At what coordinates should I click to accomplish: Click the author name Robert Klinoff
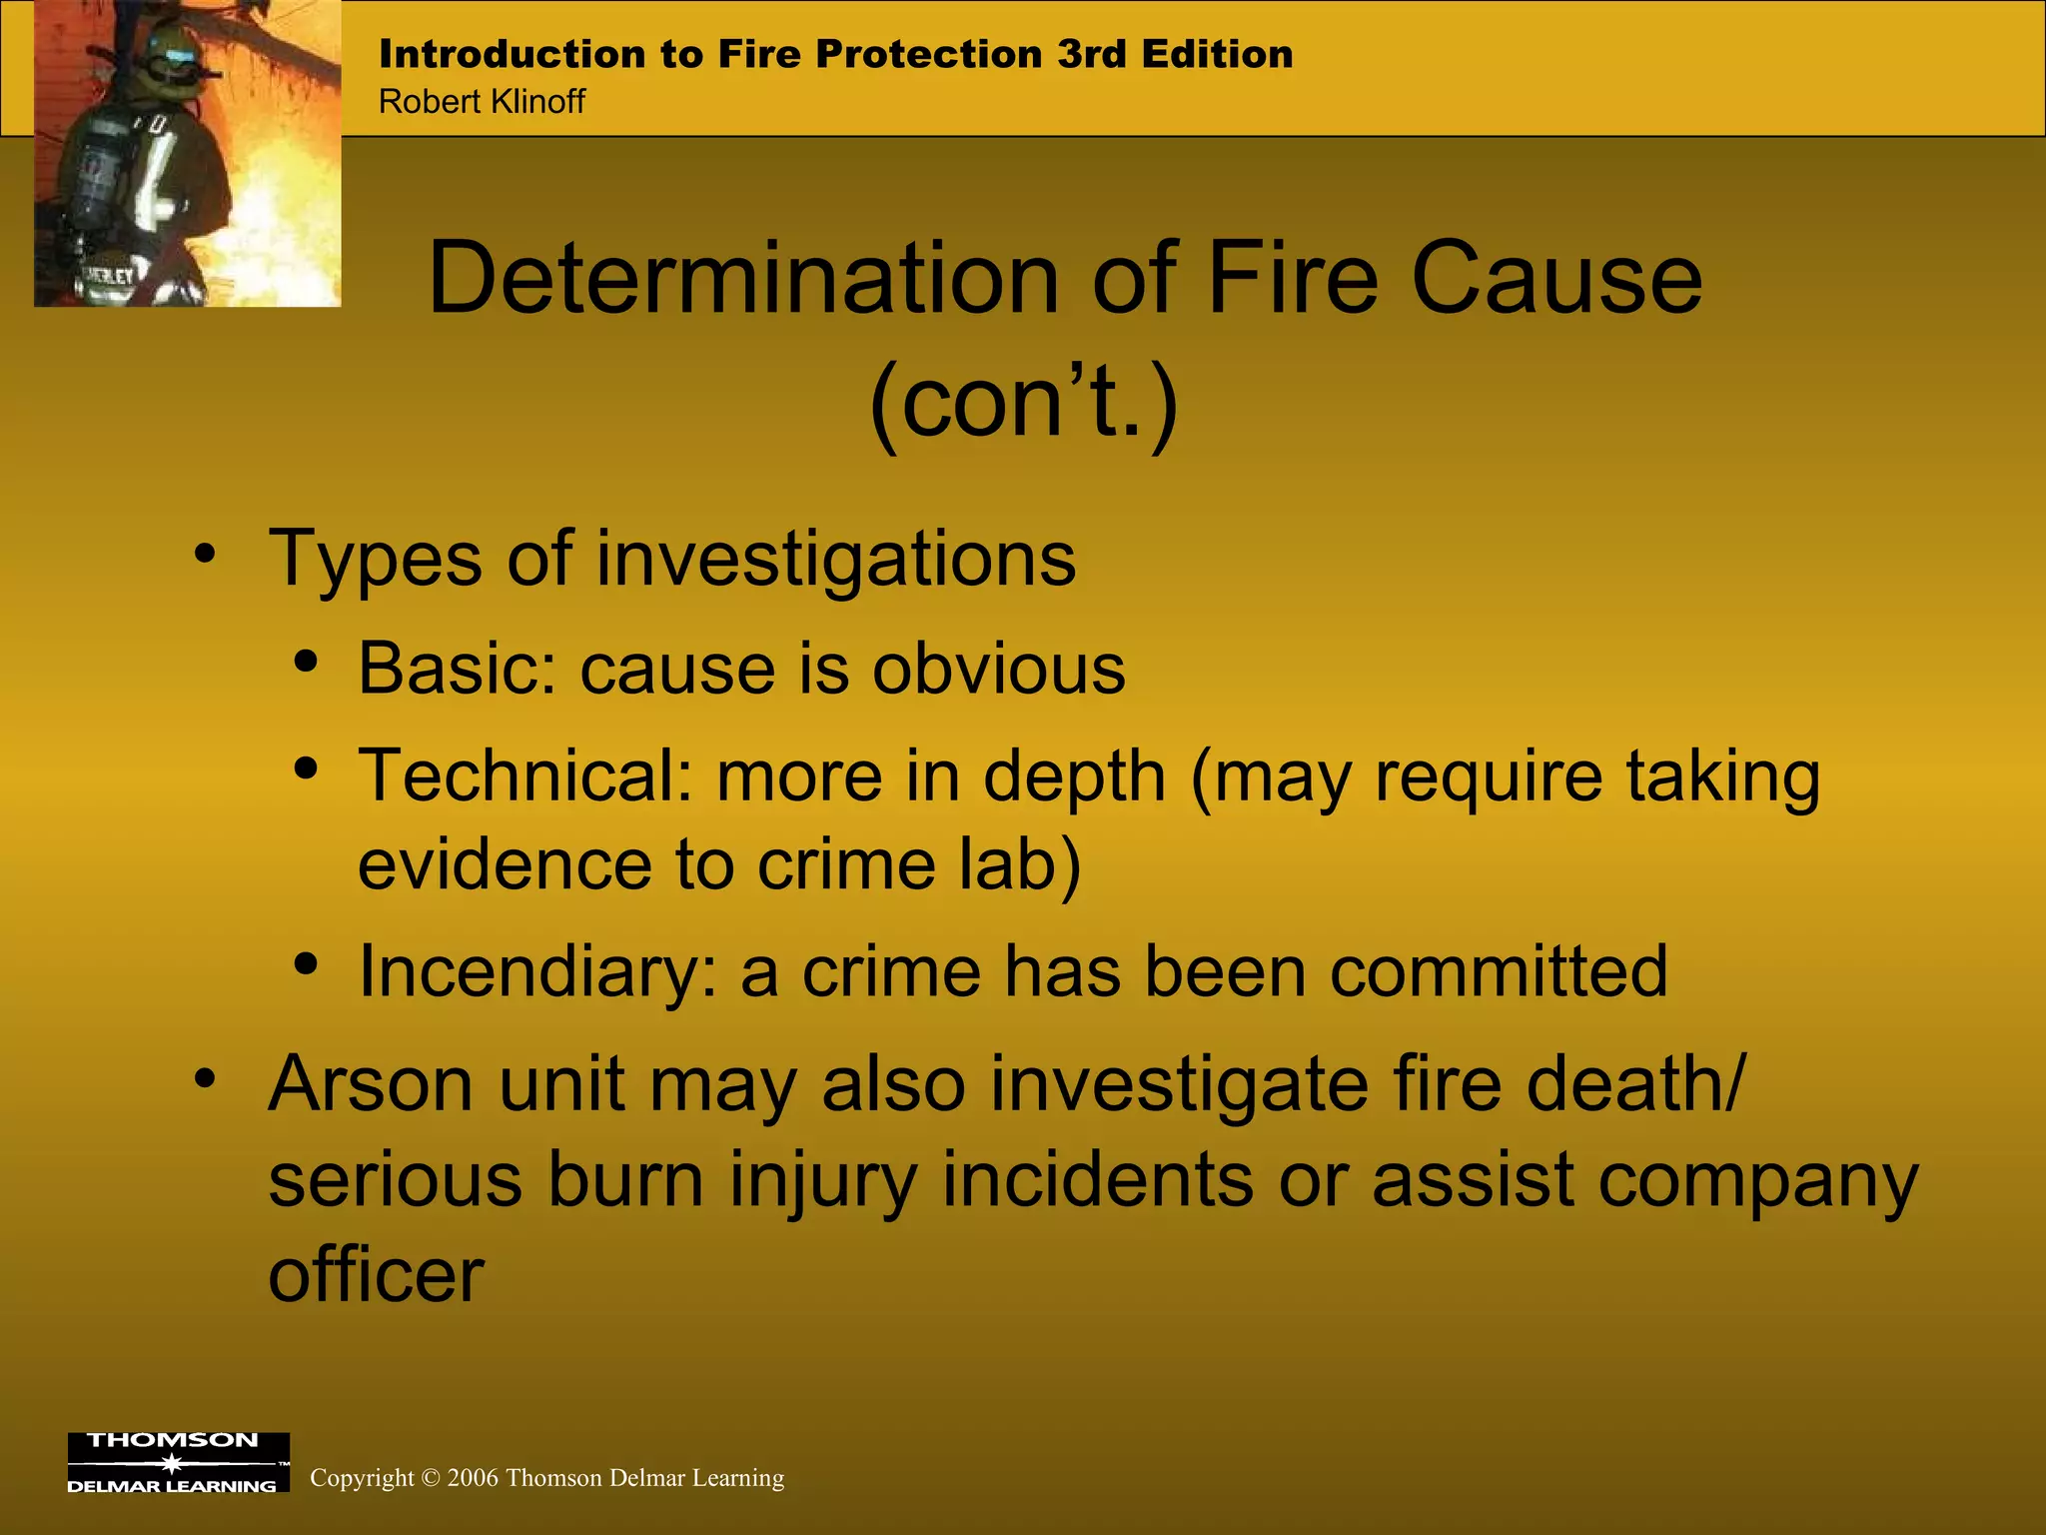482,102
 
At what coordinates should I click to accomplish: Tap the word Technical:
525,775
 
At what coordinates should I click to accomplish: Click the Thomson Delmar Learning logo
178,1462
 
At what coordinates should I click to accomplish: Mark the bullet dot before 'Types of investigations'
205,555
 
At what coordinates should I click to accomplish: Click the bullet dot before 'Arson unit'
205,1079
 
